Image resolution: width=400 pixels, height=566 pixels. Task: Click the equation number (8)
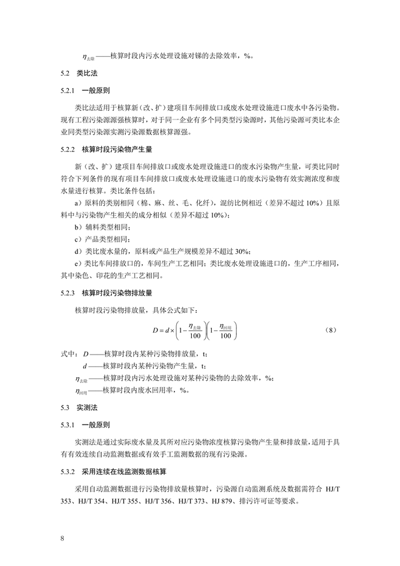pyautogui.click(x=332, y=330)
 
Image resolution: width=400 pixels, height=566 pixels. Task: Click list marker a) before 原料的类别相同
pyautogui.click(x=77, y=204)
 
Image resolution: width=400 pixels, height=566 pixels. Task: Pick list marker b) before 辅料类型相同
pyautogui.click(x=77, y=227)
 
